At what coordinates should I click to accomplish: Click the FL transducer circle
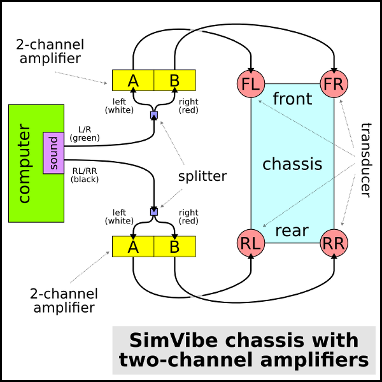(x=250, y=84)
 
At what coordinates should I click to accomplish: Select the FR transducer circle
(x=333, y=84)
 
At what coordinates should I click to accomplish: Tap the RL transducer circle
(x=250, y=243)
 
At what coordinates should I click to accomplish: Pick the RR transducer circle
(x=333, y=243)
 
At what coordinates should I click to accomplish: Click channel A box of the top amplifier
(x=133, y=80)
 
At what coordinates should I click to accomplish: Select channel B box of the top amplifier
(x=174, y=80)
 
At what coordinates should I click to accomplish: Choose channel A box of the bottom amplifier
(x=133, y=246)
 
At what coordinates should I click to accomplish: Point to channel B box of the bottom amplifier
(x=174, y=246)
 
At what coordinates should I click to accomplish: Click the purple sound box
(x=53, y=153)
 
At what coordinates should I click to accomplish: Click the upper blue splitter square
(x=153, y=115)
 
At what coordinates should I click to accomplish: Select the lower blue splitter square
(x=153, y=211)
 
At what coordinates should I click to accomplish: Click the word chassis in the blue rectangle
(x=292, y=164)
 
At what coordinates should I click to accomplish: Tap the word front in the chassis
(x=292, y=99)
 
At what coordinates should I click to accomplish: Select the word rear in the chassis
(x=292, y=230)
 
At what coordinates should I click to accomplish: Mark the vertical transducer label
(x=366, y=159)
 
